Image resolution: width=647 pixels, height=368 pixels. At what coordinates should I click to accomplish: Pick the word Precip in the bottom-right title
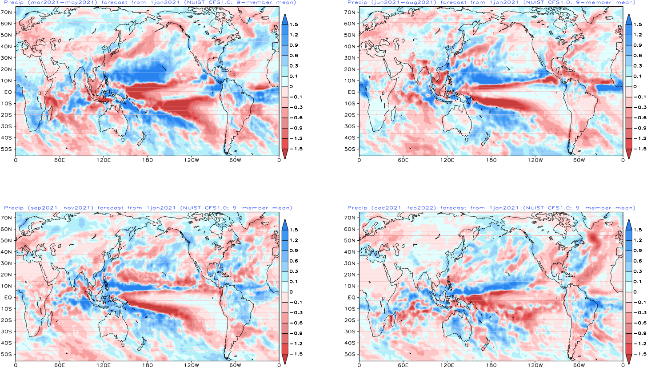click(355, 208)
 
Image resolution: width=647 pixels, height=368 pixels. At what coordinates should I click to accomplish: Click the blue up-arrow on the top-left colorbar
click(285, 19)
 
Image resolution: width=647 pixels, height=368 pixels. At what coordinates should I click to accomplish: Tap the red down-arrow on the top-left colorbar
click(285, 154)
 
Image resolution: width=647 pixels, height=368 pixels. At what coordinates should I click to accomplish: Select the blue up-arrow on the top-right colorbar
click(629, 19)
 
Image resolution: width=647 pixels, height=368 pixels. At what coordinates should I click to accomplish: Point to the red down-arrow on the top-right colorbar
click(629, 154)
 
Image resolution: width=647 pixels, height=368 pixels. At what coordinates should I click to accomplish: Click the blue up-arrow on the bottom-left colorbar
click(285, 225)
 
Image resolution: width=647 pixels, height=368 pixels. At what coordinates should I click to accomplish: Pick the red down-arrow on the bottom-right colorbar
click(629, 359)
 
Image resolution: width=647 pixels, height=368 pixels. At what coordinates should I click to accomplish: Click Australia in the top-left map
click(111, 120)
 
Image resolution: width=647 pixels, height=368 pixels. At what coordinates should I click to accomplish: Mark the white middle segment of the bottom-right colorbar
click(629, 297)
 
